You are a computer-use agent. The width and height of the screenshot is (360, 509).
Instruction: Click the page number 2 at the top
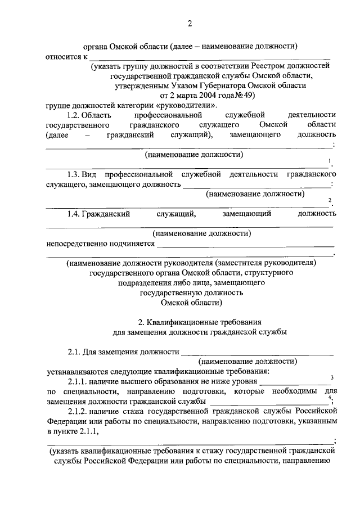point(190,23)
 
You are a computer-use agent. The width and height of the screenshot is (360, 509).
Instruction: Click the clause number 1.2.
point(75,115)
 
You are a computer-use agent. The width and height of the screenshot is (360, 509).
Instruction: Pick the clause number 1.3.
point(75,175)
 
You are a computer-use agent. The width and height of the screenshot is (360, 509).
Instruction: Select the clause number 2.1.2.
point(78,411)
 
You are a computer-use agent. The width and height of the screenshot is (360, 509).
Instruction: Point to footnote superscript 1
point(330,162)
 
